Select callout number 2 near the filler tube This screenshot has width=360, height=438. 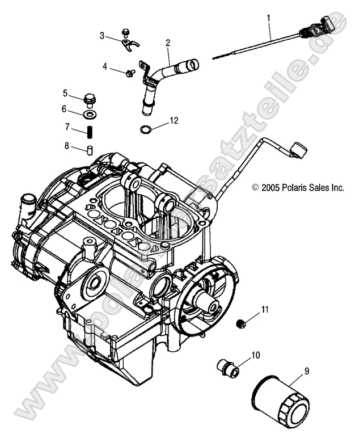[x=168, y=43]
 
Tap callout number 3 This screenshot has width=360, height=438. [x=103, y=35]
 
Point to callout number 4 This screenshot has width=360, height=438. [x=104, y=66]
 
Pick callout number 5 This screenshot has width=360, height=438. [x=66, y=93]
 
